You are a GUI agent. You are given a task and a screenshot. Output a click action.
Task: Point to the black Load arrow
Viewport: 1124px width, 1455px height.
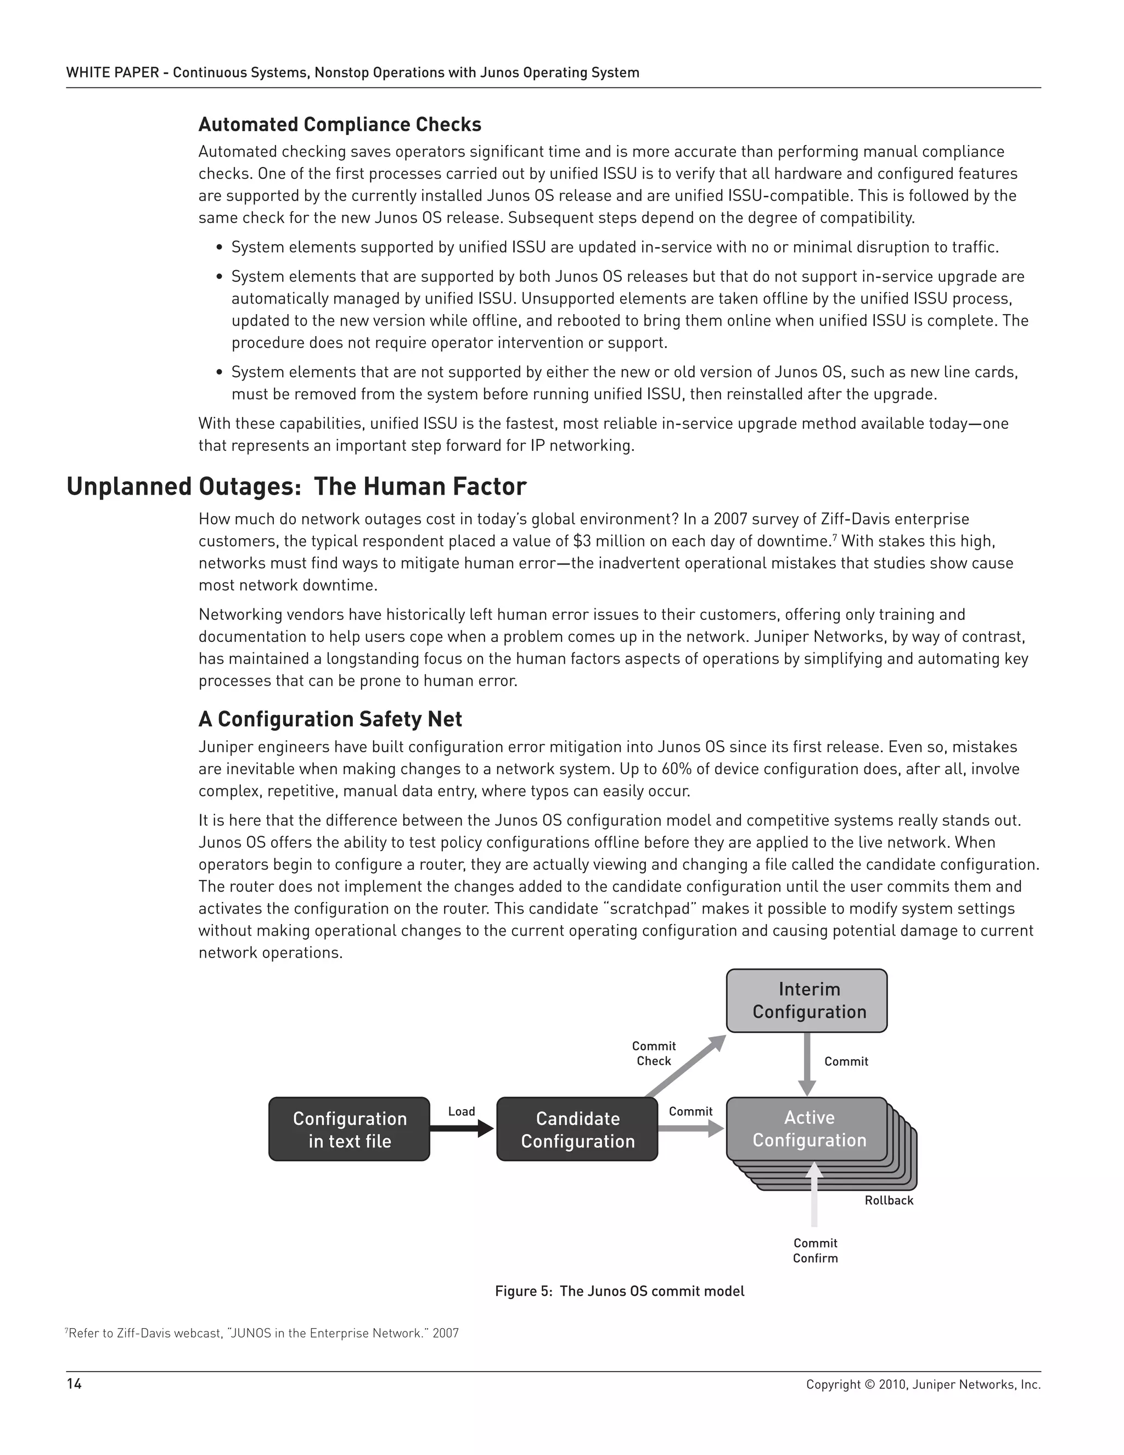coord(461,1128)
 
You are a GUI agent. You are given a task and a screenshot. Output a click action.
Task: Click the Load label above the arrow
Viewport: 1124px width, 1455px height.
coord(462,1111)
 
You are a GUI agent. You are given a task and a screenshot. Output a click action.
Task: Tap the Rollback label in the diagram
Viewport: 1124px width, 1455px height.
coord(889,1200)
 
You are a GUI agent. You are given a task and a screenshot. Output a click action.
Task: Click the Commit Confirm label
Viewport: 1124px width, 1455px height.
coord(815,1250)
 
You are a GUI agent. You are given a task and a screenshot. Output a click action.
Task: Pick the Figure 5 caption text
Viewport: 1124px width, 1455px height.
coord(619,1291)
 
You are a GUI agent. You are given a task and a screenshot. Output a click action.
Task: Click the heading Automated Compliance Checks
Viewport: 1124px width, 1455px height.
coord(340,125)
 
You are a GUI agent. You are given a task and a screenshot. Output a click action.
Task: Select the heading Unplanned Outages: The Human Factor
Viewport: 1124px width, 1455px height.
coord(296,486)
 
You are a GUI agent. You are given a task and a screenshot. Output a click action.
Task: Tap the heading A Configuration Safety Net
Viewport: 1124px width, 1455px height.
coord(330,719)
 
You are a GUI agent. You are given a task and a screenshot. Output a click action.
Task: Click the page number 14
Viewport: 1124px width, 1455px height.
coord(74,1384)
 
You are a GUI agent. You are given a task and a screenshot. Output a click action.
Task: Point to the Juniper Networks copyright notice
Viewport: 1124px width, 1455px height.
coord(923,1384)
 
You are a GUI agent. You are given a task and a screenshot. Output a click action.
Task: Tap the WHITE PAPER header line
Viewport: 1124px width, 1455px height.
coord(352,72)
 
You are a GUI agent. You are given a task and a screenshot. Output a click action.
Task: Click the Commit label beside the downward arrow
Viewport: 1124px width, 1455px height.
coord(846,1061)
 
